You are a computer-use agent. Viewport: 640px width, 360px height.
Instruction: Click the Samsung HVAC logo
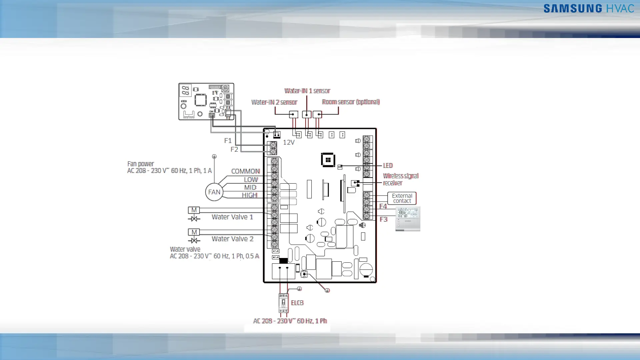click(589, 8)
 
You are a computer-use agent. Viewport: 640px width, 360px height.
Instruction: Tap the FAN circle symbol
click(214, 192)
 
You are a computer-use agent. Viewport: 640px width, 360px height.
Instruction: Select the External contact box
click(402, 198)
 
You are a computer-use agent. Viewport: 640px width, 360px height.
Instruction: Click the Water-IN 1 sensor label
click(307, 91)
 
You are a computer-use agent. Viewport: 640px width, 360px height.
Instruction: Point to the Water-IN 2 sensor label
click(274, 102)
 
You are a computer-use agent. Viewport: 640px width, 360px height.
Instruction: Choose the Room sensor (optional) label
click(351, 102)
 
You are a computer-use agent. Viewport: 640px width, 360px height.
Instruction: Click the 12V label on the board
click(289, 142)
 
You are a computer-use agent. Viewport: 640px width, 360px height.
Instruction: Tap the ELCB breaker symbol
click(283, 303)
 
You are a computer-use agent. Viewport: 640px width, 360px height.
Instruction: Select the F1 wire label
click(228, 141)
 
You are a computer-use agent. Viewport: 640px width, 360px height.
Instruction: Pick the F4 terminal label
click(383, 206)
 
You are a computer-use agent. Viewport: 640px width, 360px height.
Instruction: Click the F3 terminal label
click(383, 219)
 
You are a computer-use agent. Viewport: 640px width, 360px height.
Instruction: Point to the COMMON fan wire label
click(245, 171)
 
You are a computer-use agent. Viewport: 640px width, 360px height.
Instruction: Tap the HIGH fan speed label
click(249, 195)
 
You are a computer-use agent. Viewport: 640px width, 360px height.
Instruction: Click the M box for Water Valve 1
click(194, 210)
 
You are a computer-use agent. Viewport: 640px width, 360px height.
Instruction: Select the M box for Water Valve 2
click(194, 232)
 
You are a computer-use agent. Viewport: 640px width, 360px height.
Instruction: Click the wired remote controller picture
click(408, 219)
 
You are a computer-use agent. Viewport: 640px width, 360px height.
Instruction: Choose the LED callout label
click(388, 166)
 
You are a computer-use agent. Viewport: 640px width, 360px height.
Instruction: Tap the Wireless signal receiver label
click(400, 179)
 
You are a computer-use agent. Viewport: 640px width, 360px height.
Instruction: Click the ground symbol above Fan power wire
click(214, 156)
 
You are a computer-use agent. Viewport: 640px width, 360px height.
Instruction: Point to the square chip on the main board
click(328, 160)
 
